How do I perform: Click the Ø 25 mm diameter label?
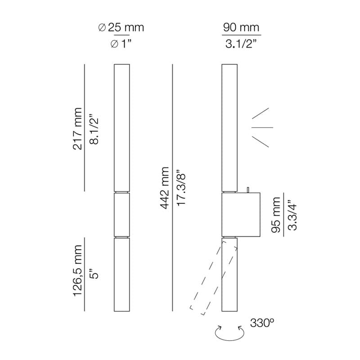click(x=121, y=27)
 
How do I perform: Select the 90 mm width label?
click(x=241, y=27)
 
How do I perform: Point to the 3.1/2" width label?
click(x=241, y=44)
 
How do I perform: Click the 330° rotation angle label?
click(x=261, y=323)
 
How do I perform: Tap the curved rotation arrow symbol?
click(x=229, y=333)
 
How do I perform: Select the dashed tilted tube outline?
click(x=213, y=277)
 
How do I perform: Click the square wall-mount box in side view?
click(x=242, y=215)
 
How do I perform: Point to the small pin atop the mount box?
click(x=248, y=189)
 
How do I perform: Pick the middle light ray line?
click(x=262, y=127)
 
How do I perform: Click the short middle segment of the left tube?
click(x=121, y=214)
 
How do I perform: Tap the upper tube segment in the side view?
click(x=229, y=128)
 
